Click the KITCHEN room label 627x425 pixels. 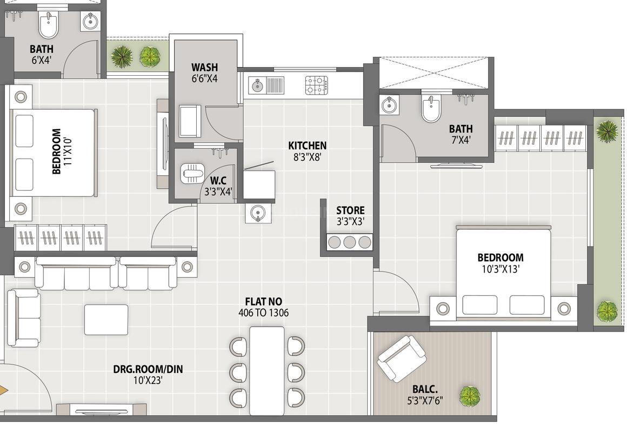pyautogui.click(x=307, y=145)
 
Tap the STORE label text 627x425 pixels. pyautogui.click(x=350, y=210)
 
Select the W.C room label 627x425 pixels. pyautogui.click(x=218, y=180)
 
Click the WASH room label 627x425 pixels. pyautogui.click(x=205, y=68)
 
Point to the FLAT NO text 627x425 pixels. pyautogui.click(x=263, y=301)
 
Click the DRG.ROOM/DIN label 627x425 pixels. pyautogui.click(x=148, y=369)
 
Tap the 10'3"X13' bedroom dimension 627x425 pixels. pyautogui.click(x=500, y=269)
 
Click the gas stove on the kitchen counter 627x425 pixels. pyautogui.click(x=316, y=85)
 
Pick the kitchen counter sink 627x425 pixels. pyautogui.click(x=266, y=85)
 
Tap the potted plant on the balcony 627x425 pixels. pyautogui.click(x=470, y=396)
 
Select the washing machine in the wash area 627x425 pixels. pyautogui.click(x=190, y=121)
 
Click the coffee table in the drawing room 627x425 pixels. pyautogui.click(x=106, y=320)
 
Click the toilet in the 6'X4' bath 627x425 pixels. pyautogui.click(x=49, y=25)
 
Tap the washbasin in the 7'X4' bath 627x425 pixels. pyautogui.click(x=389, y=105)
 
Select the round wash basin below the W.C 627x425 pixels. pyautogui.click(x=258, y=213)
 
